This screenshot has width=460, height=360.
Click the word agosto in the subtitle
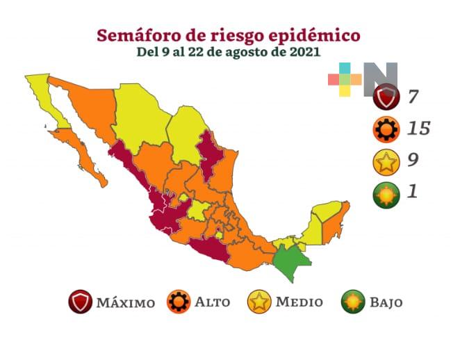243,52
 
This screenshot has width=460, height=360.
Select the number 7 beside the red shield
413,96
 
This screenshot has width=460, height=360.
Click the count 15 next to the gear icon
418,129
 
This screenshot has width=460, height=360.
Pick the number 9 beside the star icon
413,160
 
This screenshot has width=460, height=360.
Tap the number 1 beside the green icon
413,192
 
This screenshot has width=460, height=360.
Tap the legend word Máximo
125,303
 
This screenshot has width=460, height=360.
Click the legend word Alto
212,302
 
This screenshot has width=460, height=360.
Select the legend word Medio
299,302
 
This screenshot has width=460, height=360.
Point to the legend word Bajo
386,303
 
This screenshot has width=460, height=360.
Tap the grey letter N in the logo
379,78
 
